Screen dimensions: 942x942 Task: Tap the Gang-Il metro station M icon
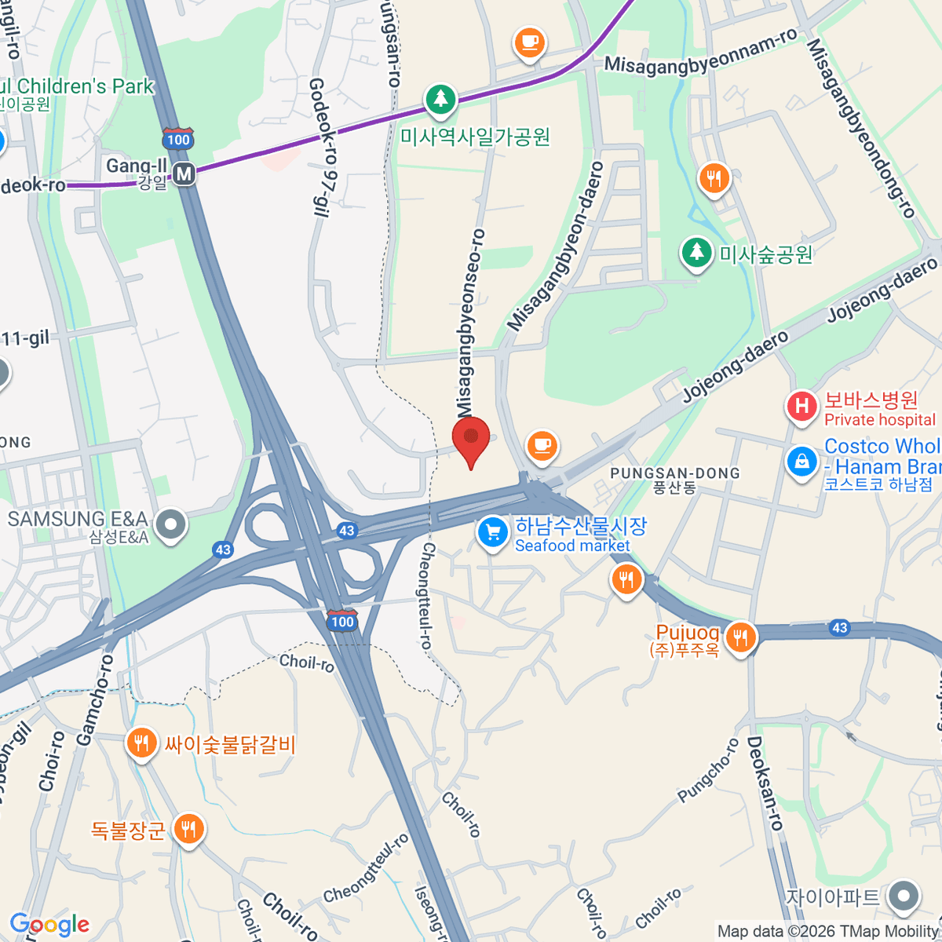[x=184, y=173]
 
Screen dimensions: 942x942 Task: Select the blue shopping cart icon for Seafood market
[x=492, y=532]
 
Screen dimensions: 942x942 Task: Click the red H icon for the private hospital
[x=801, y=406]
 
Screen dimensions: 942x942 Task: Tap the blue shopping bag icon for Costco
[x=801, y=461]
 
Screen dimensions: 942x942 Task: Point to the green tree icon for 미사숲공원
[x=696, y=252]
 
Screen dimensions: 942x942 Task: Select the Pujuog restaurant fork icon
[x=740, y=636]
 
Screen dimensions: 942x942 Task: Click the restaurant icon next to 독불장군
[x=188, y=827]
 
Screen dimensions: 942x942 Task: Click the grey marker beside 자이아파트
[x=904, y=895]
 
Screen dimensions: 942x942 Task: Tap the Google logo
[x=49, y=925]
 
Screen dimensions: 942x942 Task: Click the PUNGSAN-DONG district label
[x=675, y=473]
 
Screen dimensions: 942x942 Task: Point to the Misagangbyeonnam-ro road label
[x=700, y=53]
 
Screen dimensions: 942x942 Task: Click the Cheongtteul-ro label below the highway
[x=427, y=595]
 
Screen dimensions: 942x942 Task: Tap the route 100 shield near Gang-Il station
[x=178, y=139]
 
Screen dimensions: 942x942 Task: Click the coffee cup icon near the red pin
[x=541, y=445]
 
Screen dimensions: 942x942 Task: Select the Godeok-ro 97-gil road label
[x=321, y=145]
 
